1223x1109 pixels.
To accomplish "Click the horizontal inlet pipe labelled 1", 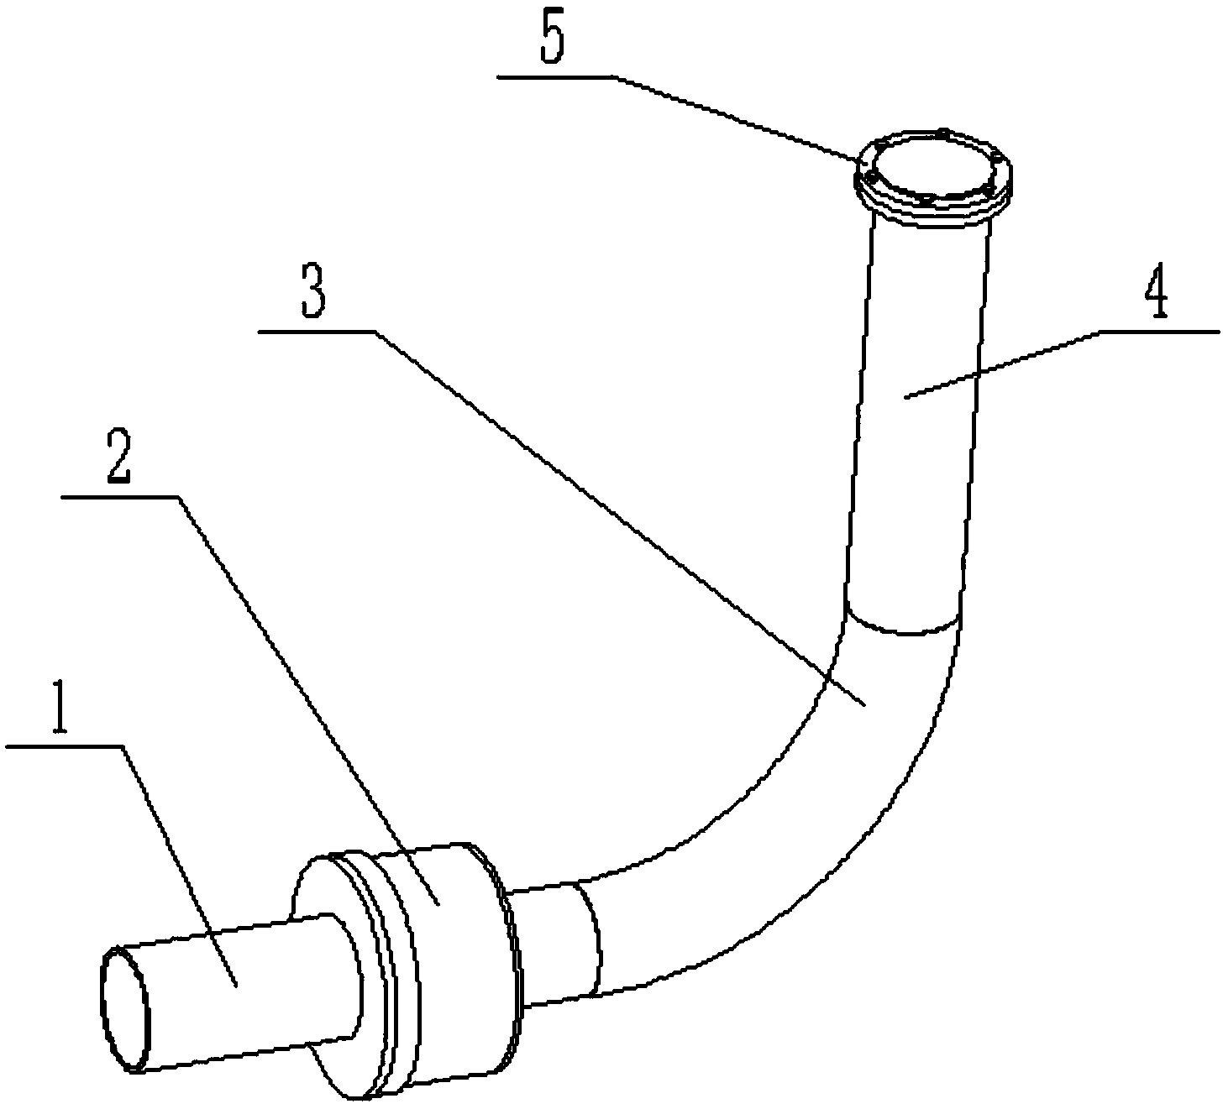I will (244, 991).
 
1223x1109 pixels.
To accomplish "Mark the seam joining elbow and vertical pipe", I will (903, 628).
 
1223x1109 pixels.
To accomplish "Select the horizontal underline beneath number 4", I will (1159, 332).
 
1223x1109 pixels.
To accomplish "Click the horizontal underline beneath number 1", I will (64, 745).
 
